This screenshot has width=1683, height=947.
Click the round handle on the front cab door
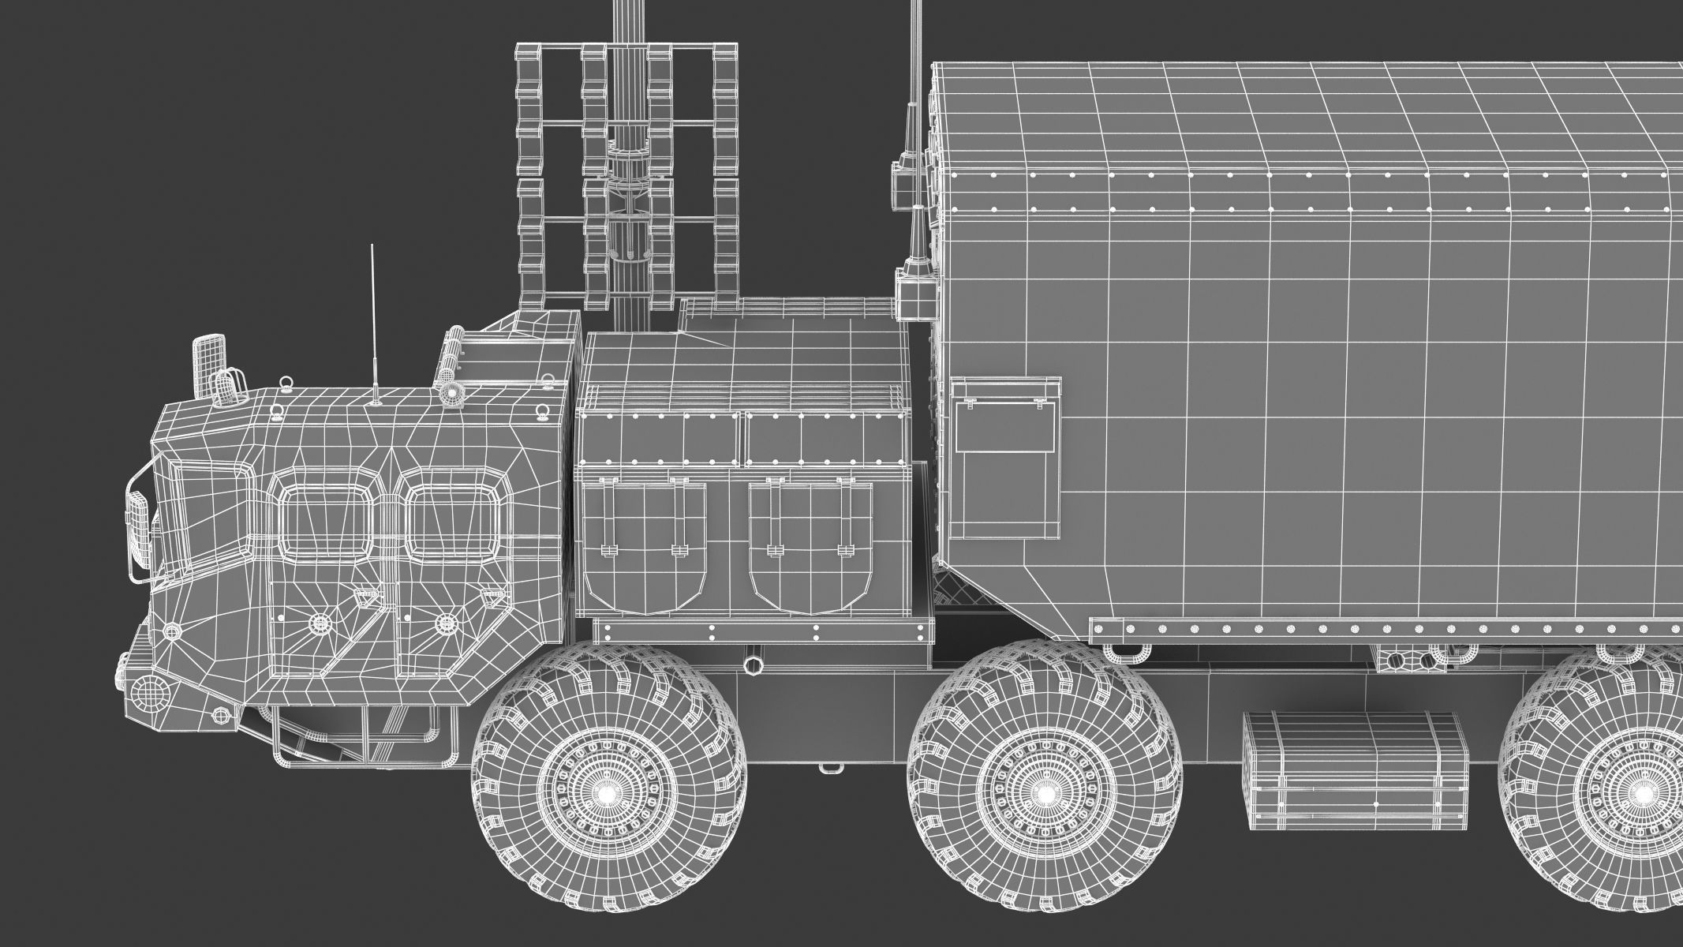[x=320, y=624]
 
